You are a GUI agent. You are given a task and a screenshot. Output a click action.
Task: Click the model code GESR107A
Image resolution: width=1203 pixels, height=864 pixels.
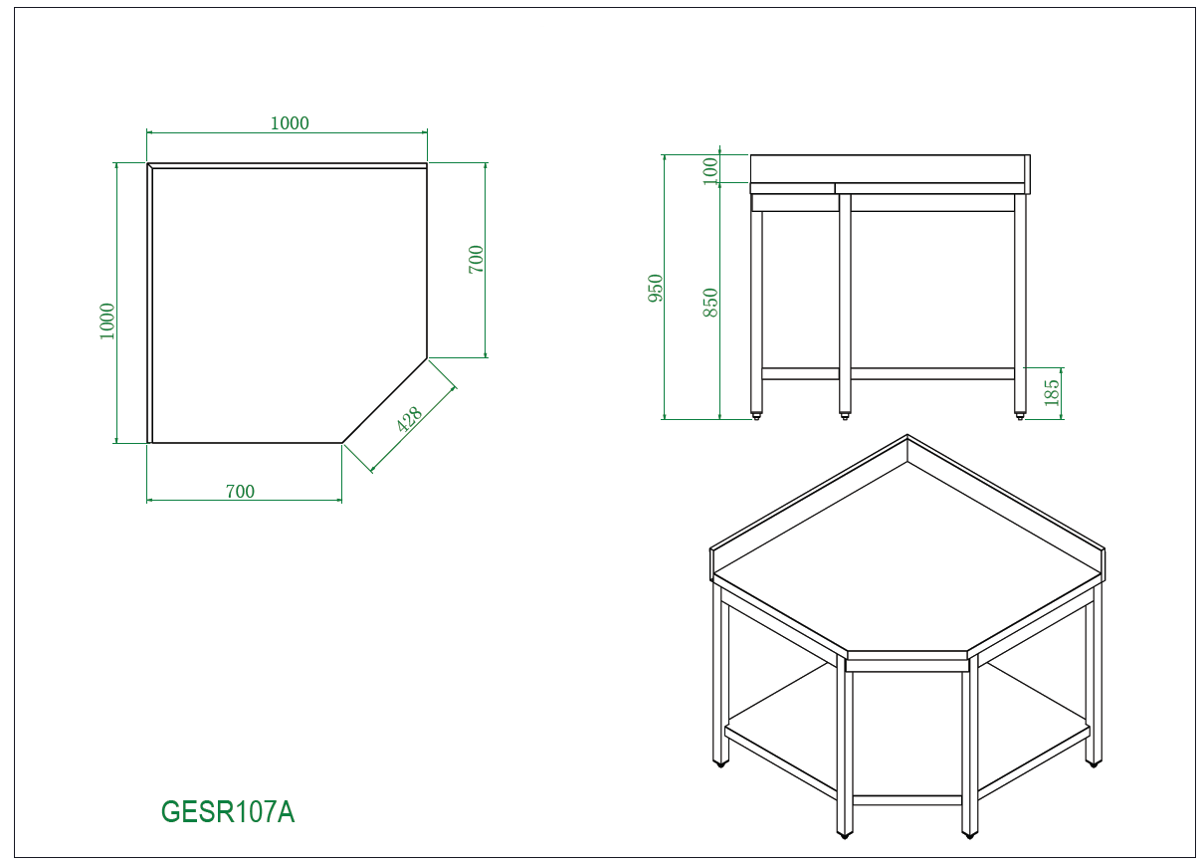pos(228,812)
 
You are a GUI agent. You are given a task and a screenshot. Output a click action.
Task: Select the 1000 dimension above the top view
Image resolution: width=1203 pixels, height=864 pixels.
pos(290,123)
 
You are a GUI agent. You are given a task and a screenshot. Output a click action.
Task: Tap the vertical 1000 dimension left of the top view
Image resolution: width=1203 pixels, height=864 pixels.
pos(107,321)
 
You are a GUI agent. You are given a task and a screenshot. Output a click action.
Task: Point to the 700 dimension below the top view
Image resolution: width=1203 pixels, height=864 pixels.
pos(240,492)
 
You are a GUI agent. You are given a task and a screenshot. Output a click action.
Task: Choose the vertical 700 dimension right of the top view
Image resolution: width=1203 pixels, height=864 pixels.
pos(476,260)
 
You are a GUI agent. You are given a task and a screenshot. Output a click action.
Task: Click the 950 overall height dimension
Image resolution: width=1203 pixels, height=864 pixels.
pos(656,289)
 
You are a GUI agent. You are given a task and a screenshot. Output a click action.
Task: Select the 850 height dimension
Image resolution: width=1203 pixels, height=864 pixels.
pos(710,303)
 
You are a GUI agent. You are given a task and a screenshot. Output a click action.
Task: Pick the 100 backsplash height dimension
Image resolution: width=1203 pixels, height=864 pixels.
pos(710,169)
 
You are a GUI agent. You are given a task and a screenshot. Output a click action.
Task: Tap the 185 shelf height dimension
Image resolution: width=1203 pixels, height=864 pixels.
pos(1052,393)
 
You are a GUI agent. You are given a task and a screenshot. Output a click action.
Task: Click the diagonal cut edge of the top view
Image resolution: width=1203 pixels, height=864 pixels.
pos(385,400)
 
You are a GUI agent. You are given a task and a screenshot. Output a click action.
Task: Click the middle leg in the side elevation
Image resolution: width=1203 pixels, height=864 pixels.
pos(845,299)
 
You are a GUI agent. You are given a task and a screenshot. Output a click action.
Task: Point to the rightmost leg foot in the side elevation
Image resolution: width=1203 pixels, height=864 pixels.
pos(1020,415)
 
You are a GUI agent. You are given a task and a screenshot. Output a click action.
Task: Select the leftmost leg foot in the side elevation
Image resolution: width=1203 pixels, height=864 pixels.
pos(756,415)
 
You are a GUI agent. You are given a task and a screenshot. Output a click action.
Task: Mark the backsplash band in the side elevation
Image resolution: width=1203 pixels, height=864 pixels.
pos(888,168)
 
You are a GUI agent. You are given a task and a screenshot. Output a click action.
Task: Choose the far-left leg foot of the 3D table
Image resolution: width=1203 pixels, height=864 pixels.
pos(719,762)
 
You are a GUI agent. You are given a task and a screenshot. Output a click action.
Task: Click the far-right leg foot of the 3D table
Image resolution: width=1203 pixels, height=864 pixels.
pos(1093,762)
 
